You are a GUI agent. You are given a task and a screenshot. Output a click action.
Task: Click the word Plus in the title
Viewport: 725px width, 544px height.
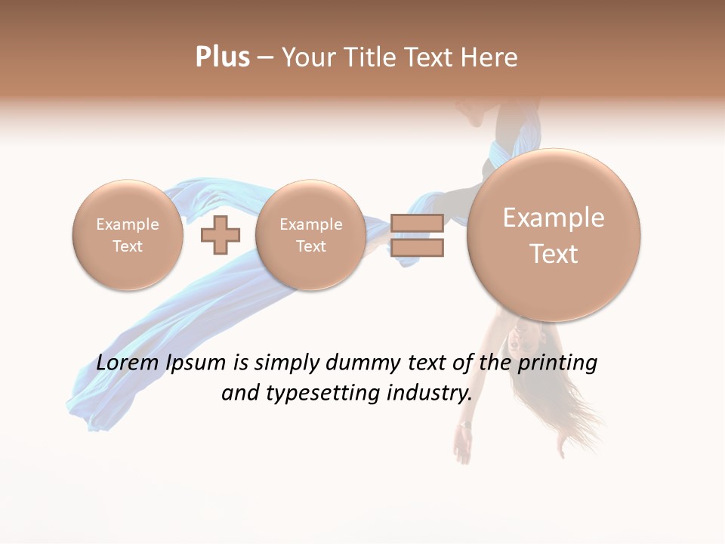222,57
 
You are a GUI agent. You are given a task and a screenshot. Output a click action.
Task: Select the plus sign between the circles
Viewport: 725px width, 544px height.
220,234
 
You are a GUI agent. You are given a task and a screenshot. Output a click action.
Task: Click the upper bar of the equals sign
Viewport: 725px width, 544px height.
417,223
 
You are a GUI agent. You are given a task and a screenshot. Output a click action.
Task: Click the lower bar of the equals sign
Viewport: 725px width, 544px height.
417,247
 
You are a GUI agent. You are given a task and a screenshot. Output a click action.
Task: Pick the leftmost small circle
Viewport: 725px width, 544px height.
128,234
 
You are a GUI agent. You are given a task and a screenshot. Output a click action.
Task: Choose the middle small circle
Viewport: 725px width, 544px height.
310,234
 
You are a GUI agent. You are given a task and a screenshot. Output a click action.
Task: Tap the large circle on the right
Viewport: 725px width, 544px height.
554,234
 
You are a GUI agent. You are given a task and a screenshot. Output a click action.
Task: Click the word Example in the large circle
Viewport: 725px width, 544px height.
554,218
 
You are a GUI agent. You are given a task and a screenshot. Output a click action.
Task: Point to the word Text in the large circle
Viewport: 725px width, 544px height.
554,254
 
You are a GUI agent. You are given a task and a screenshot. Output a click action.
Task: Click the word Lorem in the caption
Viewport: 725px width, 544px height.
128,363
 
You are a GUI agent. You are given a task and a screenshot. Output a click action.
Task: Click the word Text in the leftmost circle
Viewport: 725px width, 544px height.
128,246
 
